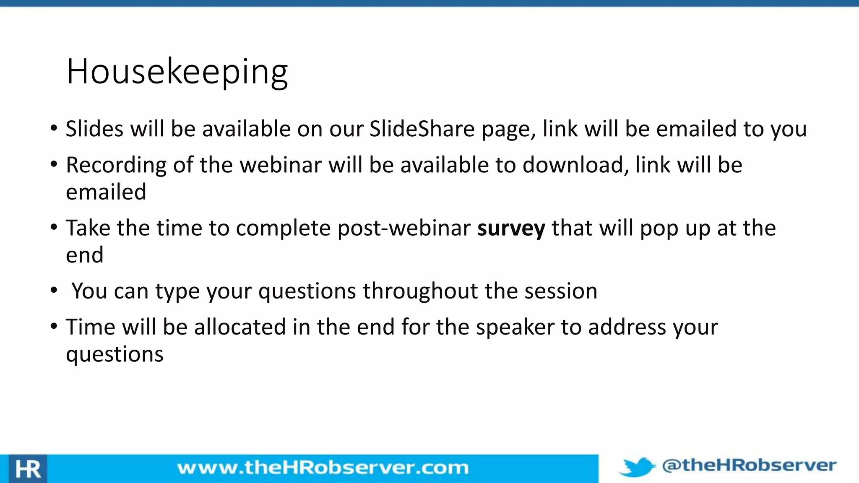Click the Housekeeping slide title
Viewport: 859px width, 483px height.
(x=177, y=72)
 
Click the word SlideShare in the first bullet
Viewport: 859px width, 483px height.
(x=422, y=129)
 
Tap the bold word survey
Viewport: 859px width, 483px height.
(x=511, y=229)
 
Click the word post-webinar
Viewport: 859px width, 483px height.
(x=404, y=229)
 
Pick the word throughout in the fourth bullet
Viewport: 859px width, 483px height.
(x=420, y=291)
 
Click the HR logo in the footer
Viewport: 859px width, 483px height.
(x=28, y=469)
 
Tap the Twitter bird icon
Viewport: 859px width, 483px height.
(x=637, y=467)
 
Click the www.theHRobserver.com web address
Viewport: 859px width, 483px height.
(x=323, y=467)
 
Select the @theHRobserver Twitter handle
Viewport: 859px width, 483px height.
(x=749, y=465)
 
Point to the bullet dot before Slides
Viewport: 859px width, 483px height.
(x=53, y=128)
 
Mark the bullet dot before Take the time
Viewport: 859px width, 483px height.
(x=53, y=228)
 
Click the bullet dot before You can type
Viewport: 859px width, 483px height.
(x=53, y=290)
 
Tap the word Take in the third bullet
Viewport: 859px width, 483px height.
(x=88, y=229)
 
